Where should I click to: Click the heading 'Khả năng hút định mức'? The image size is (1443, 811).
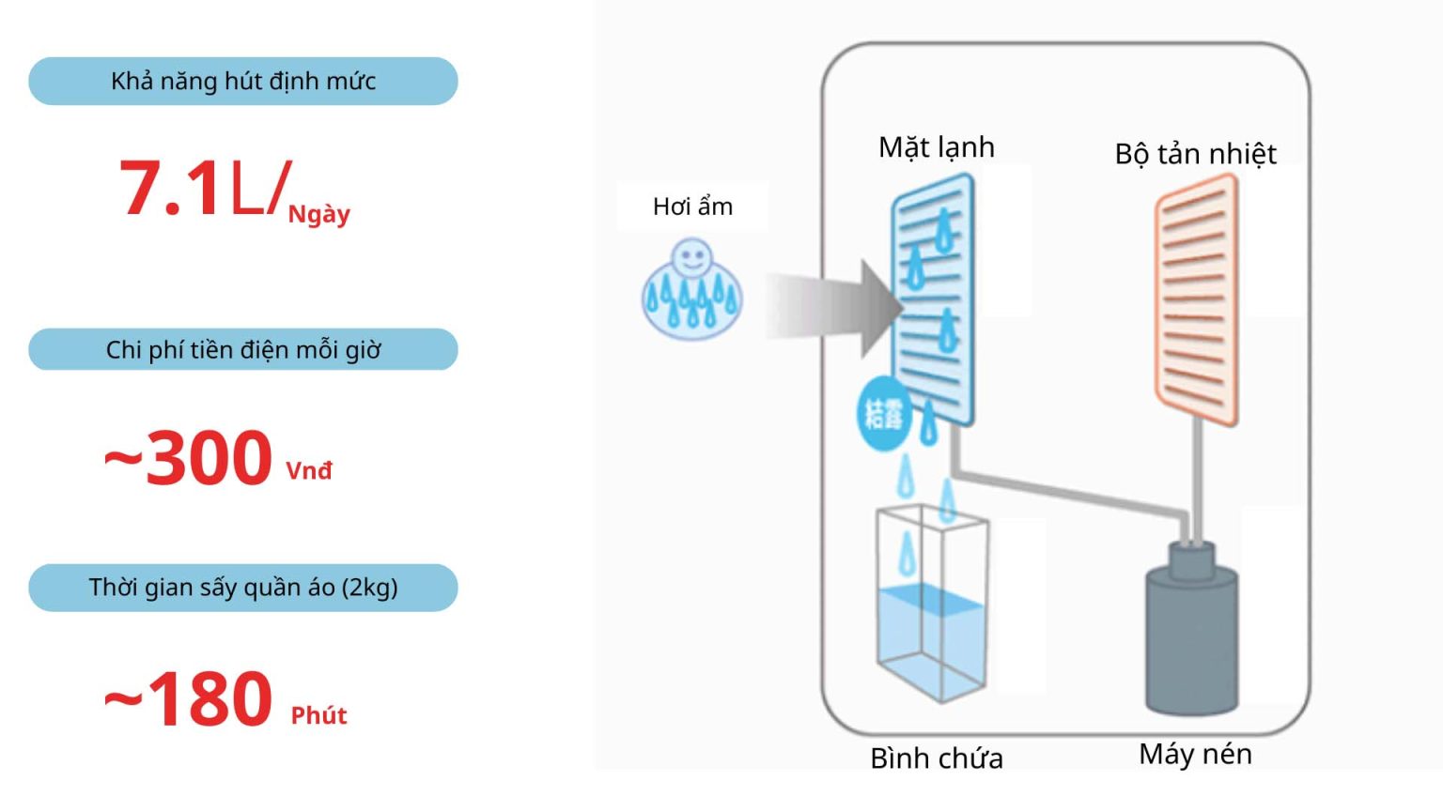coord(243,82)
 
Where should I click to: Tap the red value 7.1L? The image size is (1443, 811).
coord(202,189)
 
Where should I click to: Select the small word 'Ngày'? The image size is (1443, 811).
coord(318,215)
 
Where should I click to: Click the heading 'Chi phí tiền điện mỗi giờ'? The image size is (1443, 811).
coord(243,350)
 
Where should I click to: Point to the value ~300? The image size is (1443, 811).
coord(189,458)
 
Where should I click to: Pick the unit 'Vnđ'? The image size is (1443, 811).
coord(309,470)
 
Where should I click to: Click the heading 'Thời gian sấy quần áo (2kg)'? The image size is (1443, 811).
coord(243,588)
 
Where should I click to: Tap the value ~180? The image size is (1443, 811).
coord(189,699)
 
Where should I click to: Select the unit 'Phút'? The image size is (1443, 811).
coord(318,716)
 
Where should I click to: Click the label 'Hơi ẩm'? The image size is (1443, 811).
coord(692,207)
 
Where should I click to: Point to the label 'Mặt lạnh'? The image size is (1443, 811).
coord(936,147)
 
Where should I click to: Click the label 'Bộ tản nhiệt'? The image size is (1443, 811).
coord(1195,154)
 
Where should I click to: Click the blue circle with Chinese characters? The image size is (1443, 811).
coord(884,413)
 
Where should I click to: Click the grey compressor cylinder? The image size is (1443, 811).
coord(1191,634)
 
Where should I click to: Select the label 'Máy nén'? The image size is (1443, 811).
coord(1195,754)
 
